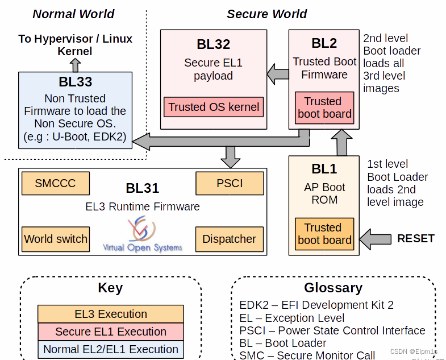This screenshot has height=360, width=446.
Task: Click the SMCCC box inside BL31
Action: [x=55, y=183]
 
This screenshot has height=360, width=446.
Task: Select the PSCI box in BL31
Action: [x=230, y=183]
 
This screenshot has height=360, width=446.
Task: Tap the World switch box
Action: [x=56, y=239]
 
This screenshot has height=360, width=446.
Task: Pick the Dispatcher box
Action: [x=230, y=239]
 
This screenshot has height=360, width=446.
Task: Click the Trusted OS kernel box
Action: [x=214, y=106]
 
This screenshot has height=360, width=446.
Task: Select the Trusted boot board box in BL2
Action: [x=324, y=107]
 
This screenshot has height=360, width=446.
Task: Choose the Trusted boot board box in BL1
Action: [x=324, y=234]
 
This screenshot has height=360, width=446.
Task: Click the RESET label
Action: [x=415, y=238]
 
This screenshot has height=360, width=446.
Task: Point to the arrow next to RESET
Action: [x=376, y=239]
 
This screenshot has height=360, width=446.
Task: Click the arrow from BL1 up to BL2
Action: [x=341, y=143]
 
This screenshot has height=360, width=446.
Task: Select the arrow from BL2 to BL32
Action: [x=278, y=73]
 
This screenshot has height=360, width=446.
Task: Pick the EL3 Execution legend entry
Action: [x=111, y=314]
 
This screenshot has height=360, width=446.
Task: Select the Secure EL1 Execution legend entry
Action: [x=111, y=332]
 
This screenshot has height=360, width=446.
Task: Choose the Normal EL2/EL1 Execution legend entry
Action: [x=111, y=349]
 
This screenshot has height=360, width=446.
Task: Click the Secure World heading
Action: [x=266, y=14]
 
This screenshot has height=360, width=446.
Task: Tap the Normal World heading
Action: [x=73, y=14]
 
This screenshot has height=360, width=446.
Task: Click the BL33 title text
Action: [x=75, y=82]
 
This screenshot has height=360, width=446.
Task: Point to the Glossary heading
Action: [x=333, y=287]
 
